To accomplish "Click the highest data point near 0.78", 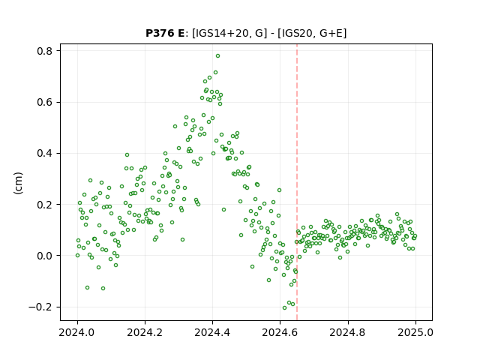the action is [x=217, y=56].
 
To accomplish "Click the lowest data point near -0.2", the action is [x=284, y=307].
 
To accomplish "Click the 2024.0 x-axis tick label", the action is [x=77, y=332].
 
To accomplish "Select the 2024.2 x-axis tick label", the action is [x=145, y=332].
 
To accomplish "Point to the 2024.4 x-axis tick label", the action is [x=212, y=332].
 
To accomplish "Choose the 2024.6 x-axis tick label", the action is [x=280, y=332].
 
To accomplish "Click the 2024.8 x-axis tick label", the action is [x=348, y=332].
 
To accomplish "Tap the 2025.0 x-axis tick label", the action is [x=415, y=332].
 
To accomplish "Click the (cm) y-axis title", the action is [x=18, y=183].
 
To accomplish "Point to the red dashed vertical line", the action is [x=297, y=182].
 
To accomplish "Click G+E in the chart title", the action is [x=331, y=33].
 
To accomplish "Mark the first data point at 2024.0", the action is [x=77, y=255].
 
